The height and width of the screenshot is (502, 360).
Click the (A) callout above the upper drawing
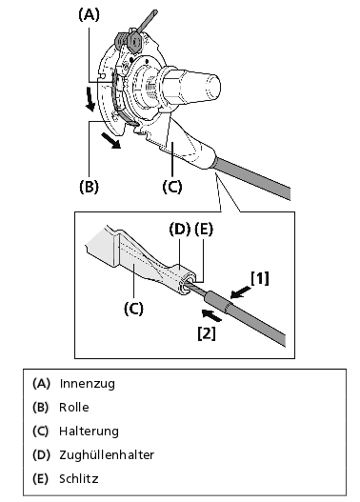tap(89, 15)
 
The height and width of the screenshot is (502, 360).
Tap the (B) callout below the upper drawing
tap(89, 187)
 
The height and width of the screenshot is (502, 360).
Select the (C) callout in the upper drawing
tap(172, 187)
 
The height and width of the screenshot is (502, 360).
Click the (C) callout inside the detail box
tap(133, 308)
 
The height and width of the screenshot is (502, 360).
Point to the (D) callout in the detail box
tap(180, 230)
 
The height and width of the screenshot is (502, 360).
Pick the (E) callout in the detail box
tap(204, 230)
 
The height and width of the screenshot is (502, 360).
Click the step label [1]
tap(259, 278)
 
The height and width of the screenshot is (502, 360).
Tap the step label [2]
tap(207, 333)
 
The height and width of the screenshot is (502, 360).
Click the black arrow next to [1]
tap(241, 292)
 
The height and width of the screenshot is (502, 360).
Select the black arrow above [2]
tap(211, 315)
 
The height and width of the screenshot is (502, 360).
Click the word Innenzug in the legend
tap(87, 384)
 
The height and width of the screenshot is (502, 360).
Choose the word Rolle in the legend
tap(74, 408)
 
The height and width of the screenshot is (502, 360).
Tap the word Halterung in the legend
tap(89, 431)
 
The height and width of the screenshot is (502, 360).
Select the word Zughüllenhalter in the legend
tap(107, 454)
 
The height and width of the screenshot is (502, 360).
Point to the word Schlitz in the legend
tap(79, 478)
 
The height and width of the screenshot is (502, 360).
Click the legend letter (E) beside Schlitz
tap(40, 478)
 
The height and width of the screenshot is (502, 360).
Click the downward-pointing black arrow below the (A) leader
tap(90, 100)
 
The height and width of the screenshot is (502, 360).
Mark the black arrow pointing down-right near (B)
tap(110, 141)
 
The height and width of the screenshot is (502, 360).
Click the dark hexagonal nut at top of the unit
tap(134, 41)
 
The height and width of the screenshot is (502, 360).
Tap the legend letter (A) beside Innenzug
tap(41, 384)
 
